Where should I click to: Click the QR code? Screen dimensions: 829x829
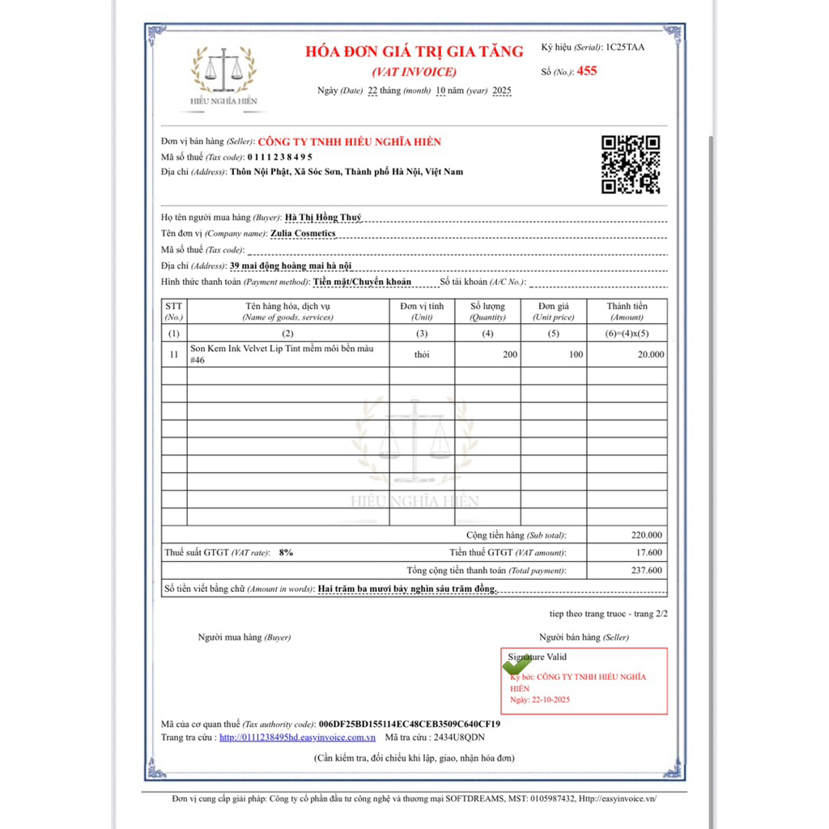click(x=630, y=164)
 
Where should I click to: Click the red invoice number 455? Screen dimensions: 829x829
click(x=587, y=71)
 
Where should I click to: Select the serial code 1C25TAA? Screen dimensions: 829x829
click(x=625, y=47)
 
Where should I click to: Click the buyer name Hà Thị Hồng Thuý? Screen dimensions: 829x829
click(x=324, y=218)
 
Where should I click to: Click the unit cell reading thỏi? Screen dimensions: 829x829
click(x=422, y=355)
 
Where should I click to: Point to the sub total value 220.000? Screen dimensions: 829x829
click(x=646, y=535)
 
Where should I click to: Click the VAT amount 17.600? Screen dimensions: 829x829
click(x=648, y=553)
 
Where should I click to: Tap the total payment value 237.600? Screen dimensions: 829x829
click(x=646, y=571)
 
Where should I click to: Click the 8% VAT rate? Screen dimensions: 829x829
click(x=285, y=552)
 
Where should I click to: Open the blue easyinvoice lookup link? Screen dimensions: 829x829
click(x=297, y=738)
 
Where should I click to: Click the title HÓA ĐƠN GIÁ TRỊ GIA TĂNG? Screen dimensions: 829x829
click(x=414, y=52)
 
